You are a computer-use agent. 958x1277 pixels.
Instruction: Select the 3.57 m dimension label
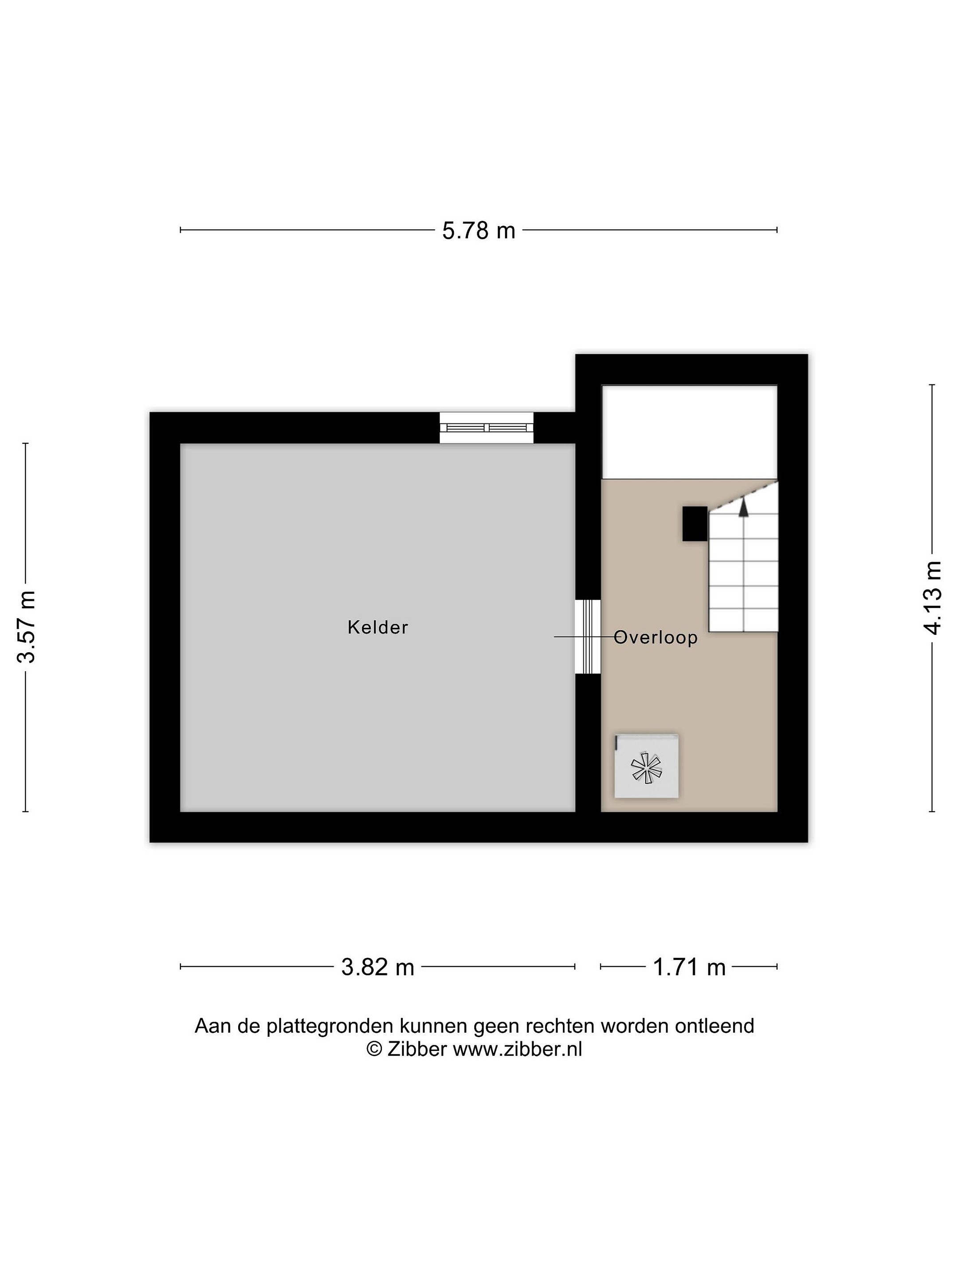(x=26, y=627)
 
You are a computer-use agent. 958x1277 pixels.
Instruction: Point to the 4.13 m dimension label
(x=932, y=598)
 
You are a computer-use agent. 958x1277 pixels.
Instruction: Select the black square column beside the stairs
(x=695, y=524)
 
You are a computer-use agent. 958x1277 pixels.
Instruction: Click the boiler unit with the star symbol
(x=646, y=766)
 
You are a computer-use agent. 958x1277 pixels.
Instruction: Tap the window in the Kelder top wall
(x=486, y=428)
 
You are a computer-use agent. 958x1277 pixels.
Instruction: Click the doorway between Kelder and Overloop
(x=588, y=637)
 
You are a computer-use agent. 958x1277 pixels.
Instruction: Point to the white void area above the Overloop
(x=690, y=432)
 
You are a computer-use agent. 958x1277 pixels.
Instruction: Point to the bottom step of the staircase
(x=743, y=621)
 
